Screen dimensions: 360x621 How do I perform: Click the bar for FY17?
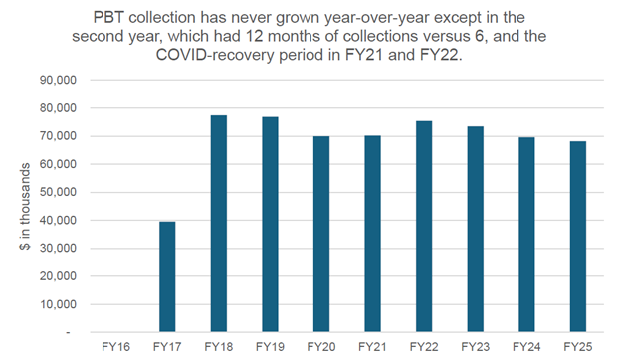click(x=167, y=277)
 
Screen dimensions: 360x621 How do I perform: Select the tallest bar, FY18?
click(x=219, y=224)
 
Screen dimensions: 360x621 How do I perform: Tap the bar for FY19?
click(x=271, y=225)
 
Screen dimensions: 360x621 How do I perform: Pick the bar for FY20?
click(x=322, y=235)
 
